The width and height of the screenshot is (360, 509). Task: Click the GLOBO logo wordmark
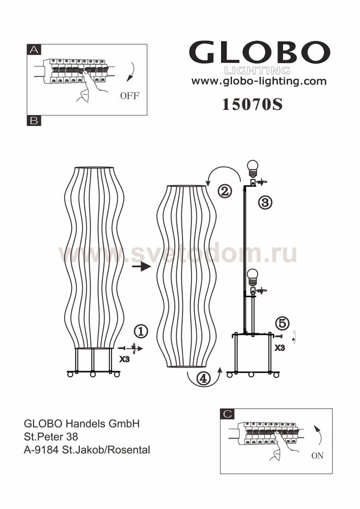[x=259, y=52]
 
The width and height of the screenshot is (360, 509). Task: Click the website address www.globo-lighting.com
[x=259, y=81]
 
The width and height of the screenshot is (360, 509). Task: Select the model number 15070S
[x=252, y=104]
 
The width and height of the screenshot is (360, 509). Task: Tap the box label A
[x=34, y=50]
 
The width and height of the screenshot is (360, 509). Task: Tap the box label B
[x=34, y=121]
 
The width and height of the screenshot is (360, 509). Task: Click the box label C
[x=227, y=413]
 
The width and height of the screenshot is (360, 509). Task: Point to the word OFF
[x=129, y=96]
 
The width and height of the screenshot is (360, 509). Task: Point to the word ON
[x=317, y=456]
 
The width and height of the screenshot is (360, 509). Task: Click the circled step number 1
[x=141, y=331]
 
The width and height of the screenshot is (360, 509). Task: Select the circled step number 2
[x=225, y=191]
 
